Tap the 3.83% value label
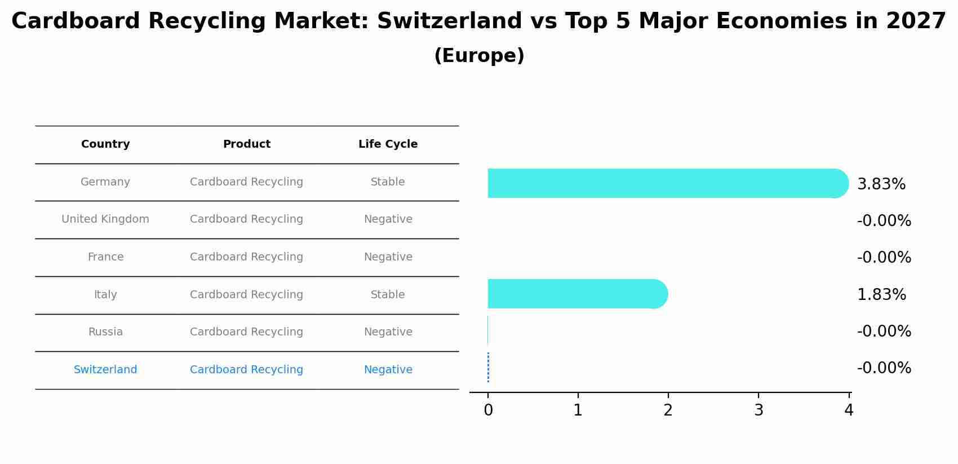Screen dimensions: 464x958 pyautogui.click(x=881, y=184)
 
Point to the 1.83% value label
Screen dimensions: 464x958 pyautogui.click(x=881, y=295)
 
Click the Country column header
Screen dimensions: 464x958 pyautogui.click(x=105, y=144)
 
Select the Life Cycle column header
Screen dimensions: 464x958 pyautogui.click(x=388, y=144)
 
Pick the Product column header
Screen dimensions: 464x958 pyautogui.click(x=246, y=144)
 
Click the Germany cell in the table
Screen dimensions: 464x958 pyautogui.click(x=105, y=182)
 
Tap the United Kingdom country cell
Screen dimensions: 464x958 pyautogui.click(x=105, y=219)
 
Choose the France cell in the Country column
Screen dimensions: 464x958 pyautogui.click(x=105, y=257)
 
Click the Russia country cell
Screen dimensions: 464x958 pyautogui.click(x=105, y=332)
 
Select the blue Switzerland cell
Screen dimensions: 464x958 pyautogui.click(x=105, y=370)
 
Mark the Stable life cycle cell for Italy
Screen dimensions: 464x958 pyautogui.click(x=388, y=295)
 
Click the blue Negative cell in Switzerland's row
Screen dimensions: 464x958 pyautogui.click(x=388, y=370)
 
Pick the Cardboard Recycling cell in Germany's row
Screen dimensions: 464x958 pyautogui.click(x=246, y=182)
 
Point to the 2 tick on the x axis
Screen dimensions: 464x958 pyautogui.click(x=668, y=410)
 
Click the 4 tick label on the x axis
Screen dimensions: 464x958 pyautogui.click(x=849, y=410)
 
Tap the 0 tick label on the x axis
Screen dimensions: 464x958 pyautogui.click(x=488, y=410)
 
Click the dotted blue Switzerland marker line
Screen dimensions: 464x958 pyautogui.click(x=488, y=367)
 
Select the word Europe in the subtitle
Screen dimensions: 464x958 pyautogui.click(x=479, y=56)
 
